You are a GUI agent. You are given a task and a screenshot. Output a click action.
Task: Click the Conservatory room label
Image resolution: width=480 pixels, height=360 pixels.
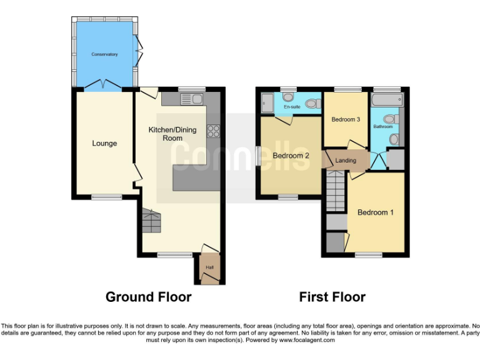[104, 54]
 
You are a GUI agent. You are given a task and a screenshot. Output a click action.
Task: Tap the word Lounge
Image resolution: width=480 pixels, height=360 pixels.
[104, 143]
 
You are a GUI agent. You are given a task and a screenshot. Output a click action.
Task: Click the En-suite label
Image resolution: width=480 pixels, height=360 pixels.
[292, 107]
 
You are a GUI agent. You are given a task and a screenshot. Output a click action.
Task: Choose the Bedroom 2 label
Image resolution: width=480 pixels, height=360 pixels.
[291, 156]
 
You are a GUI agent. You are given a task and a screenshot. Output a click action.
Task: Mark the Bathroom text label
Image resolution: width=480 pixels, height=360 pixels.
[382, 127]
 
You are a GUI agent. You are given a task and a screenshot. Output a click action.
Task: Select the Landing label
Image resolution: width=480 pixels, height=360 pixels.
[346, 161]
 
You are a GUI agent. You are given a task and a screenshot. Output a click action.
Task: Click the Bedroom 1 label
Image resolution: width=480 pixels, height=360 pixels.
[375, 212]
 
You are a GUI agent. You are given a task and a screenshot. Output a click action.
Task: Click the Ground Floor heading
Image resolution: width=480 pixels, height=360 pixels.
[148, 297]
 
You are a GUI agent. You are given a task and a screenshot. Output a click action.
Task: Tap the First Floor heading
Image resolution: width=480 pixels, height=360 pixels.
[332, 297]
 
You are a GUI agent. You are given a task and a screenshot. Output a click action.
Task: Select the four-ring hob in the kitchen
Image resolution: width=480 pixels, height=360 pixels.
[213, 131]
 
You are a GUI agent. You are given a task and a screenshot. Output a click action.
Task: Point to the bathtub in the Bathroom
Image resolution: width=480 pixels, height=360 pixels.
[385, 100]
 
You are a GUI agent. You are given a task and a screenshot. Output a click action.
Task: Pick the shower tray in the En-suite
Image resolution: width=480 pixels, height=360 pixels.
[267, 104]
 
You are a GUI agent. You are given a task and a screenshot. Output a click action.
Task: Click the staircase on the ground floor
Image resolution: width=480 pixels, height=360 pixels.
[149, 220]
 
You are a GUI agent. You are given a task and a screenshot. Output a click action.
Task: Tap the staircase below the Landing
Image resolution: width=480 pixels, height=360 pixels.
[336, 191]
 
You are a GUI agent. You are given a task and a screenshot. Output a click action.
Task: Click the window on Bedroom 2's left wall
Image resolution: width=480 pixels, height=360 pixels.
[258, 156]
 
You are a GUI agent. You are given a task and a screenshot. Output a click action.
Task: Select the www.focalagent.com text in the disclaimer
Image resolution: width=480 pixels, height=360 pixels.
[306, 341]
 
